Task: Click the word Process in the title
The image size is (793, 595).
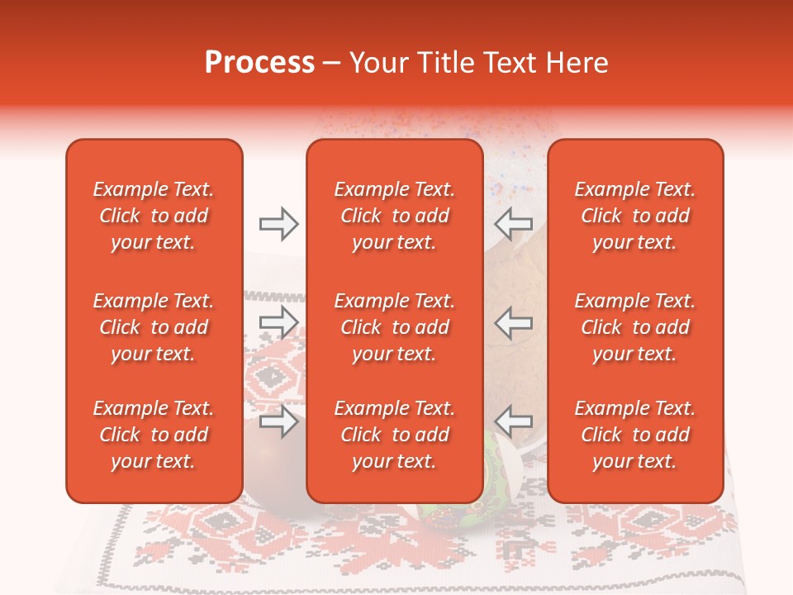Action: point(259,63)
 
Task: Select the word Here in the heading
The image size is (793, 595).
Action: point(575,63)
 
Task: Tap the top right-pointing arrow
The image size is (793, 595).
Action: point(278,223)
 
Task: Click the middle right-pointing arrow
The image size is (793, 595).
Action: point(278,322)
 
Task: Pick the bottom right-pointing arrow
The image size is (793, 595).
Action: point(278,421)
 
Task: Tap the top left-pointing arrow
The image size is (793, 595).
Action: point(514,223)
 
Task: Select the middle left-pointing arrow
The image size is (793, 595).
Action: point(514,322)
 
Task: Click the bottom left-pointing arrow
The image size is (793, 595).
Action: point(514,421)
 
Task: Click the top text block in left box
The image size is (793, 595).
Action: point(154,216)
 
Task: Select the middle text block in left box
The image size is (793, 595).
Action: point(154,327)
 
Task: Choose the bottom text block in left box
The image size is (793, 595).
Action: point(154,435)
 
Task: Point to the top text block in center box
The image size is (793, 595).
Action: point(394,216)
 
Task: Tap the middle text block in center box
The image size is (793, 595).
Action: point(394,327)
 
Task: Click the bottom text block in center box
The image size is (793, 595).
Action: point(394,435)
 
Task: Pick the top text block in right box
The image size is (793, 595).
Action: point(635,216)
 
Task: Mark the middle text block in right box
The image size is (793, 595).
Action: point(635,327)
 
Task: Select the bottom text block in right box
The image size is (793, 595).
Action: point(635,435)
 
